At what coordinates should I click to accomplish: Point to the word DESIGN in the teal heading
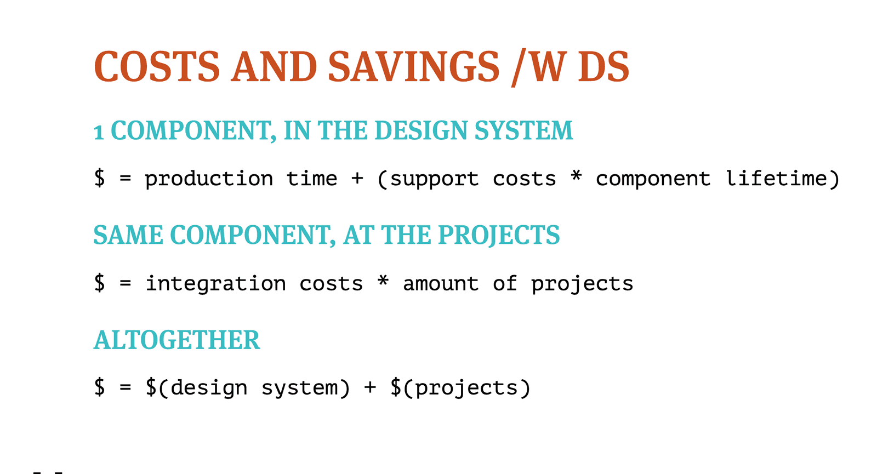coord(421,130)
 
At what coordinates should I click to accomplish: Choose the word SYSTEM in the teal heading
coord(524,130)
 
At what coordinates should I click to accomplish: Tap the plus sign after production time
coord(357,179)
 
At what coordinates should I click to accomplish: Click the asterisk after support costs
coord(576,175)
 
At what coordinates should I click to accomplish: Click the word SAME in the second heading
coord(128,235)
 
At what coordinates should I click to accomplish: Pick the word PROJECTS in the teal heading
coord(499,236)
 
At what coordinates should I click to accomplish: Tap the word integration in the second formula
coord(216,284)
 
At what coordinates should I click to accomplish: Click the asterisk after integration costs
coord(383,280)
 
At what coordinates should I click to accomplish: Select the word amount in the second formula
coord(441,283)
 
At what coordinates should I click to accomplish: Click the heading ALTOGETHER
coord(176,340)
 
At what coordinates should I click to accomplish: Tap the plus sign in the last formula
coord(370,387)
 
